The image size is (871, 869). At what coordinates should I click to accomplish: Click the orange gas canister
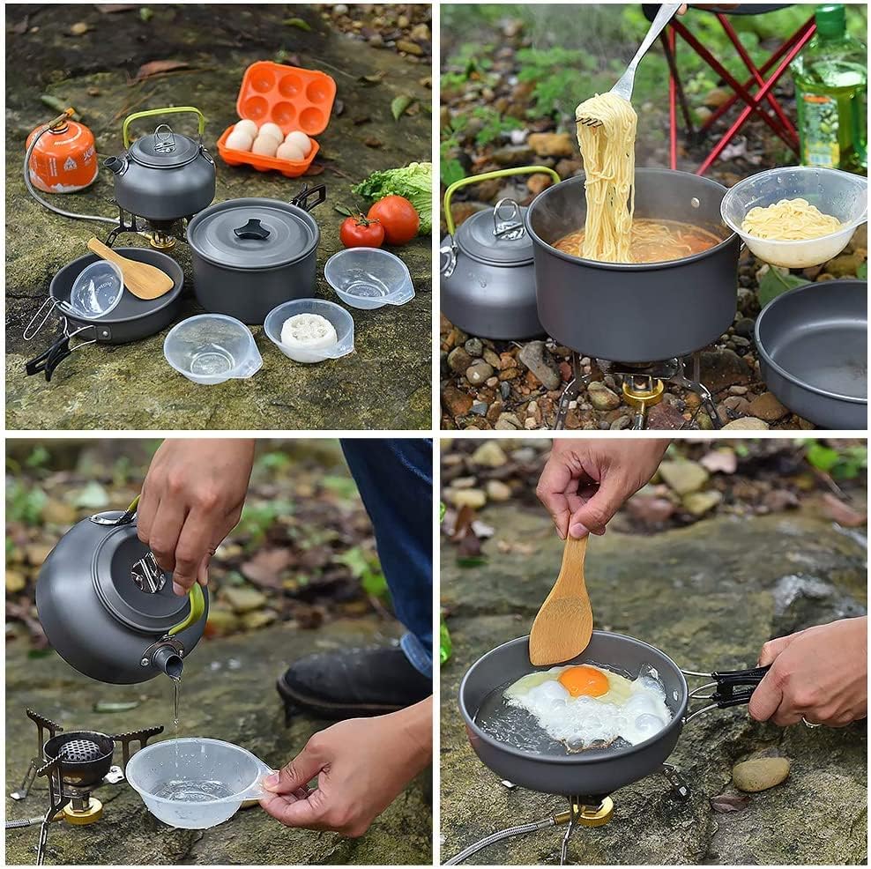coord(62,155)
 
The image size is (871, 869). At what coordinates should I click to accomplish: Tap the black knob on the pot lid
coord(252,229)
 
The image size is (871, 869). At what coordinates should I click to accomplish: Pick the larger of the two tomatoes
coord(394,219)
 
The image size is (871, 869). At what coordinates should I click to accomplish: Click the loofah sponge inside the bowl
coord(308,331)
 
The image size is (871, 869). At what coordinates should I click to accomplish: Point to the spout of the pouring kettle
coord(167,659)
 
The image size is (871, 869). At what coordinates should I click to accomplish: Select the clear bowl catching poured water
coord(194,781)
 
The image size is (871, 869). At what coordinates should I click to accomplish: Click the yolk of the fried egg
coord(584,681)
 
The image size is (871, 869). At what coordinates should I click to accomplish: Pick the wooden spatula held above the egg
coord(562,608)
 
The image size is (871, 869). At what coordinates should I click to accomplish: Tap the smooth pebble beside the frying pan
coord(760,774)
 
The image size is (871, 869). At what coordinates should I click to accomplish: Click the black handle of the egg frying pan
coord(736,686)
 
